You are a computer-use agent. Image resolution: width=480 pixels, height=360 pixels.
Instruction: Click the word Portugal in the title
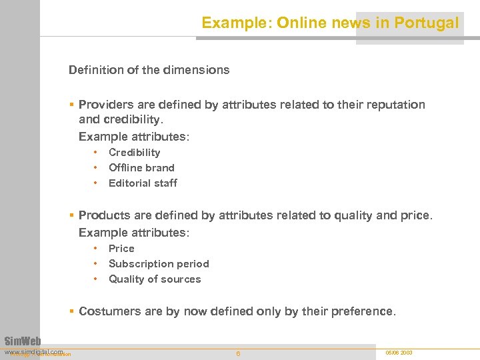pos(426,23)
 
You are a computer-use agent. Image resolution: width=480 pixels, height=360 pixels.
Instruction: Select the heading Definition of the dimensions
pos(149,70)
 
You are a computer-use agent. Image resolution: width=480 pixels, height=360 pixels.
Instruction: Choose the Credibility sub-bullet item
pos(134,153)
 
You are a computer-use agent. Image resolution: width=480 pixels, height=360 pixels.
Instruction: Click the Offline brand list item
pos(141,168)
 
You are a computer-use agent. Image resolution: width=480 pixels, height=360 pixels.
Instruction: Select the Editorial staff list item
pos(143,183)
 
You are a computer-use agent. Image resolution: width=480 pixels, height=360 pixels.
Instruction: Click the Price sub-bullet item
pos(121,249)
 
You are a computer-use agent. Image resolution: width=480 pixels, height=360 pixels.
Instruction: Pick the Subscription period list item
pos(159,264)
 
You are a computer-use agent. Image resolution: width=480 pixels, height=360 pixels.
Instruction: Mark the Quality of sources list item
pos(155,279)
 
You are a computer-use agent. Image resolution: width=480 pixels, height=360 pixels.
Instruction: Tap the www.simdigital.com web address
pos(33,351)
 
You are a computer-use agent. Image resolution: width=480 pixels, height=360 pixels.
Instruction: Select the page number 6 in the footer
pos(238,353)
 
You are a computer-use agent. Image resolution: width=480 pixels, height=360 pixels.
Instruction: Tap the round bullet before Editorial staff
pos(96,183)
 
